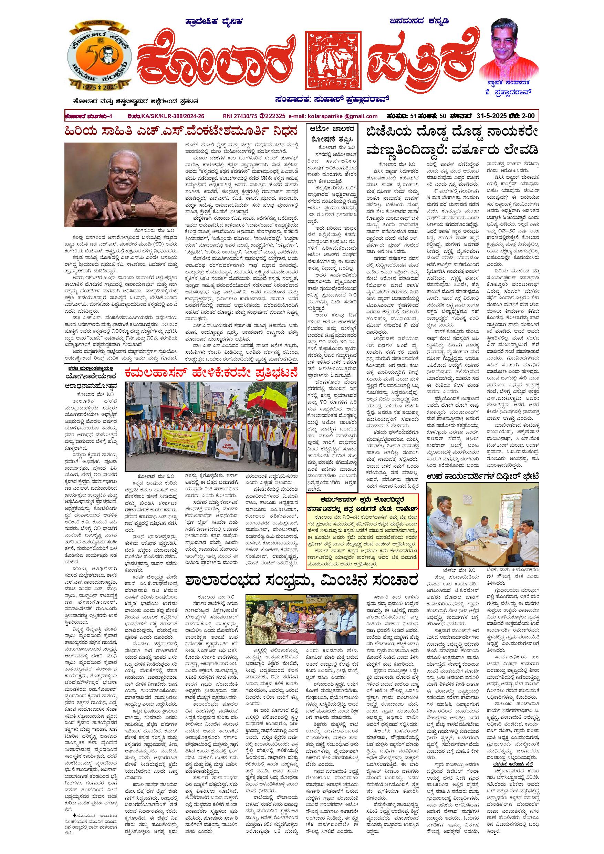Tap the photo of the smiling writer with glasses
tap(121, 185)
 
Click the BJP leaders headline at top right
tap(451, 141)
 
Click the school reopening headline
tap(301, 579)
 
